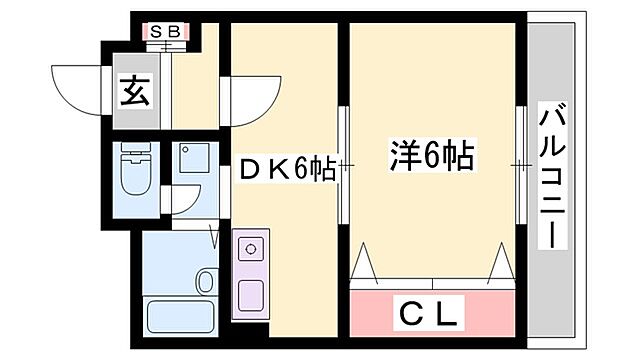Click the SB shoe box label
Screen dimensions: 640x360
[x=164, y=31]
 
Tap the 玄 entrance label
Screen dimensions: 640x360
[x=136, y=92]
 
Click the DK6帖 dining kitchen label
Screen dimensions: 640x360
[x=286, y=170]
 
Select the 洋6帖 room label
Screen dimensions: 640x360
[x=431, y=156]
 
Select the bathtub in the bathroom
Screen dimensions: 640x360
[x=180, y=318]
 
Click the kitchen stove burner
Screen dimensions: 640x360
[x=250, y=246]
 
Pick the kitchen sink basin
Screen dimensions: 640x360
[x=250, y=295]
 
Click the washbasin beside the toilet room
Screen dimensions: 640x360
[x=189, y=161]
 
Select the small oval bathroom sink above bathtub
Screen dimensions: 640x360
[x=206, y=281]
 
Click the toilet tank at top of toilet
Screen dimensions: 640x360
[x=133, y=155]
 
